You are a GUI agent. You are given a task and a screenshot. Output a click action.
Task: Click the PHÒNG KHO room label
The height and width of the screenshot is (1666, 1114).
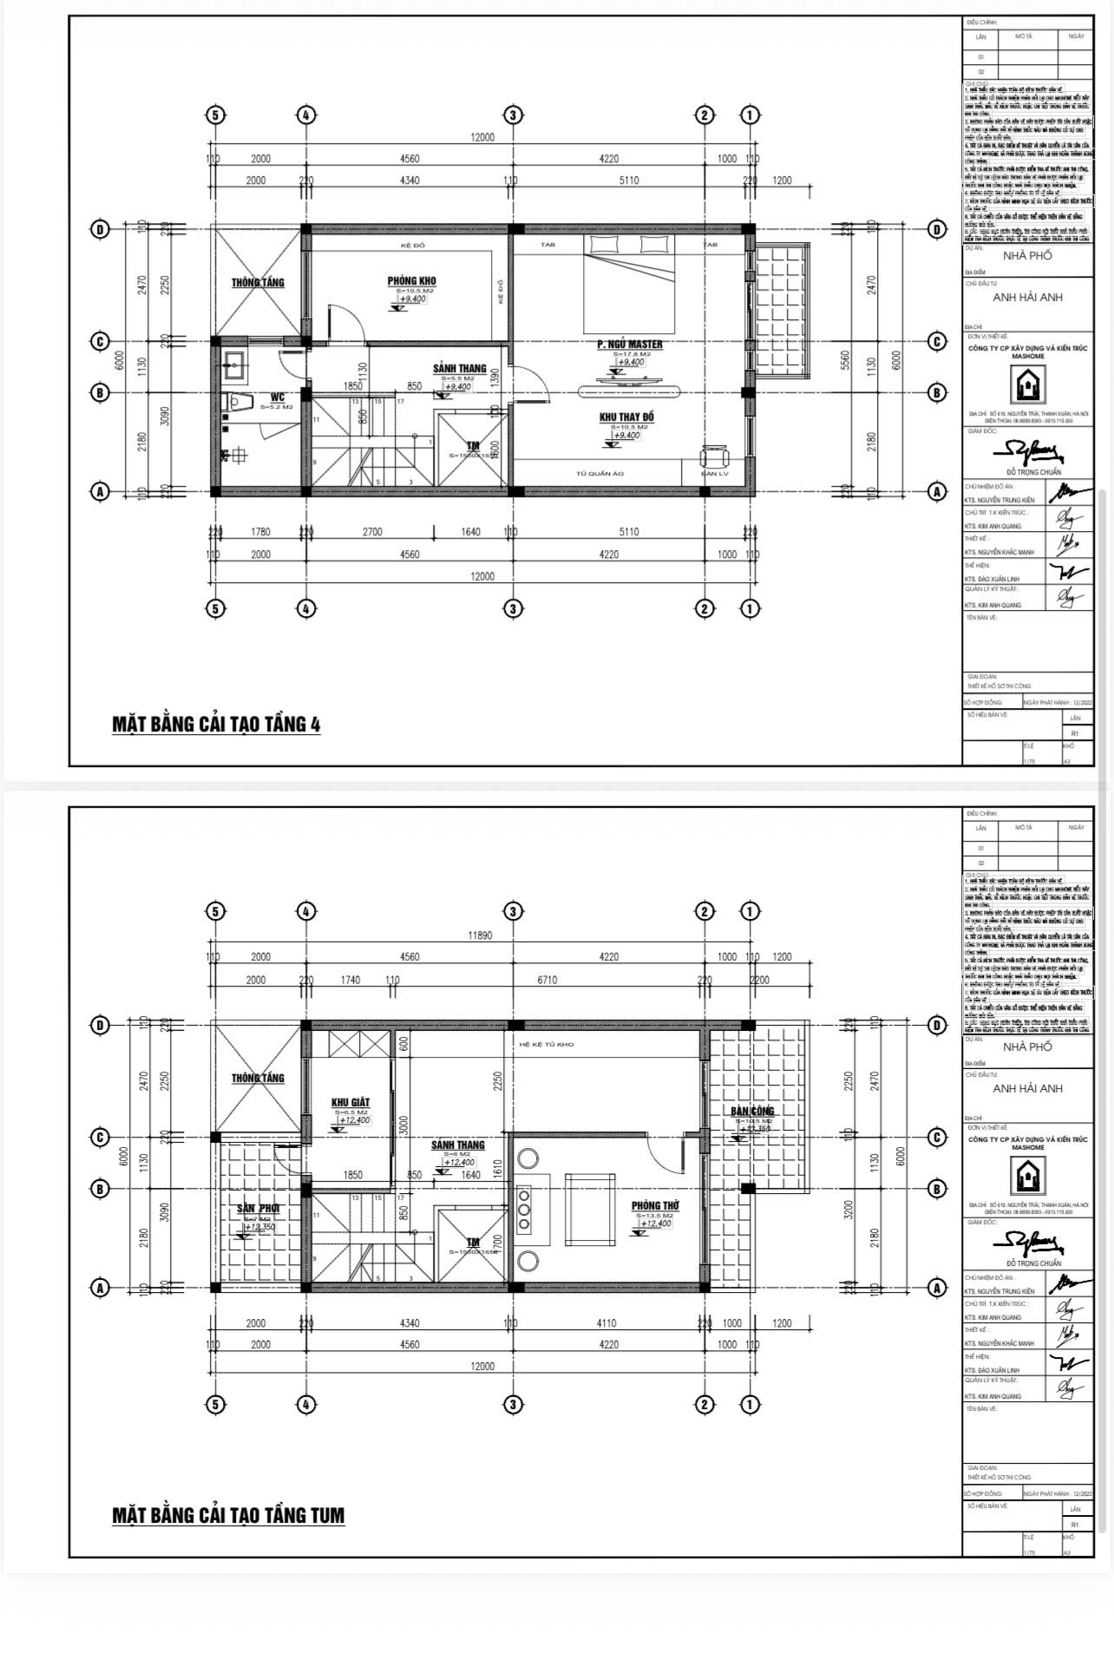[x=411, y=280]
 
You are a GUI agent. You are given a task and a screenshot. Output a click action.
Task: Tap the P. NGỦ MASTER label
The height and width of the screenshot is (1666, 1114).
[x=629, y=344]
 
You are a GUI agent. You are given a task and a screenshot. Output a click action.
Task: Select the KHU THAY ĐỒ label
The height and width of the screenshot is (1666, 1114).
[x=626, y=417]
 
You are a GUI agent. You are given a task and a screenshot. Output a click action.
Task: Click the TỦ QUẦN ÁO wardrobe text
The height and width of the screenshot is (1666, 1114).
[x=600, y=474]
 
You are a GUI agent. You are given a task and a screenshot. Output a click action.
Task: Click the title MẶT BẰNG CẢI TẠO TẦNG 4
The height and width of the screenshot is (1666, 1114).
[x=216, y=725]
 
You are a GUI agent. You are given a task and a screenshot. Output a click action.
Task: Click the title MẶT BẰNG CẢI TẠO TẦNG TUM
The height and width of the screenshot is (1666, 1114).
[x=228, y=1515]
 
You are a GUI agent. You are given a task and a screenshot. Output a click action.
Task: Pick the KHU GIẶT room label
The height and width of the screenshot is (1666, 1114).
[x=351, y=1103]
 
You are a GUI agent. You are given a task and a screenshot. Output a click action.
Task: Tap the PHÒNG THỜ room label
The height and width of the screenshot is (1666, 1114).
[x=655, y=1206]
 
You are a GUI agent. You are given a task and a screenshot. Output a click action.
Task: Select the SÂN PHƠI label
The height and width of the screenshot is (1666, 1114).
[x=258, y=1208]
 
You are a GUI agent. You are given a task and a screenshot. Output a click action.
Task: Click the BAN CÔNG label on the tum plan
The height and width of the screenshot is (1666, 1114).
[x=751, y=1111]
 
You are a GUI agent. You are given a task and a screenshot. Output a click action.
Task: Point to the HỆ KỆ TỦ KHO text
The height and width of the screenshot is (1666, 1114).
[x=546, y=1045]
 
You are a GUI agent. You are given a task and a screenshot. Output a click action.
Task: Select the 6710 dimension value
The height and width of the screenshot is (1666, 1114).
[x=547, y=980]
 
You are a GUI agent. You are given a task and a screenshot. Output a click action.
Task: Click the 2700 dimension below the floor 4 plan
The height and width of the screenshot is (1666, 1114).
[x=372, y=532]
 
